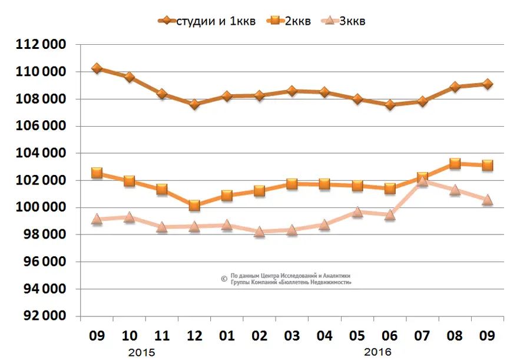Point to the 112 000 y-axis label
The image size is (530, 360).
pos(42,45)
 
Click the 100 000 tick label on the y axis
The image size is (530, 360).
pos(42,207)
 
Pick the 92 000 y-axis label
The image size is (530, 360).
pos(42,316)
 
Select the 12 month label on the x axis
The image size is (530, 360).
pos(194,336)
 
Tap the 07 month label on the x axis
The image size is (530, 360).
pos(422,336)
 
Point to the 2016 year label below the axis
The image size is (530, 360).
pos(377,352)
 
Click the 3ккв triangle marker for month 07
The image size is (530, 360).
pos(422,181)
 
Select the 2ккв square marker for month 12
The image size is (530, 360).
pos(194,206)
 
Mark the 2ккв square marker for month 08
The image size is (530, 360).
pos(455,164)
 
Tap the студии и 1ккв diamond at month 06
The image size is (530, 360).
pos(389,105)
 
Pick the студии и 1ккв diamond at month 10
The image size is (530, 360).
pos(130,77)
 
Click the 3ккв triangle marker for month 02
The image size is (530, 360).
pos(260,232)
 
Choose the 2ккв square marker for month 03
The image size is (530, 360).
pos(292,184)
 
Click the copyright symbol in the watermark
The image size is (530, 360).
pos(224,279)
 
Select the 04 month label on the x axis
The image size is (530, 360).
pos(324,336)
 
